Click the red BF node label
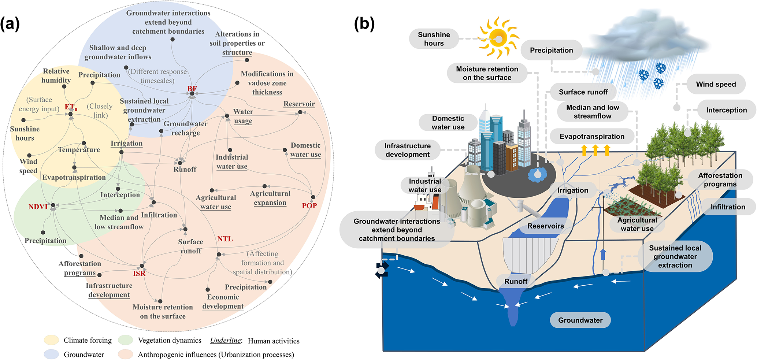tap(192, 89)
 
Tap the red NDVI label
tap(38, 207)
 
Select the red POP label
tap(309, 206)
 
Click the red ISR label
tap(139, 273)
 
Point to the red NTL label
tap(225, 239)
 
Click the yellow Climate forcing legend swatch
tap(51, 340)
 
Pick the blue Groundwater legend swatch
tap(51, 355)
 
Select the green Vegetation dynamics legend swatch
tap(125, 340)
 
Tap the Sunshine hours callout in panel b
tap(434, 39)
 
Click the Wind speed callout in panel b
tap(716, 84)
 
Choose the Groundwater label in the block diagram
tap(580, 320)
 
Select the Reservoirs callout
tap(545, 226)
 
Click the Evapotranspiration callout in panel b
tap(592, 136)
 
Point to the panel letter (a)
tap(10, 24)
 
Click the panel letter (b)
tap(364, 24)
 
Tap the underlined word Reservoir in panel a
tap(299, 104)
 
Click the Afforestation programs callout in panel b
tap(720, 180)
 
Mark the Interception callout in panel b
tap(726, 110)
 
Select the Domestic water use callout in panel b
tap(448, 123)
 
